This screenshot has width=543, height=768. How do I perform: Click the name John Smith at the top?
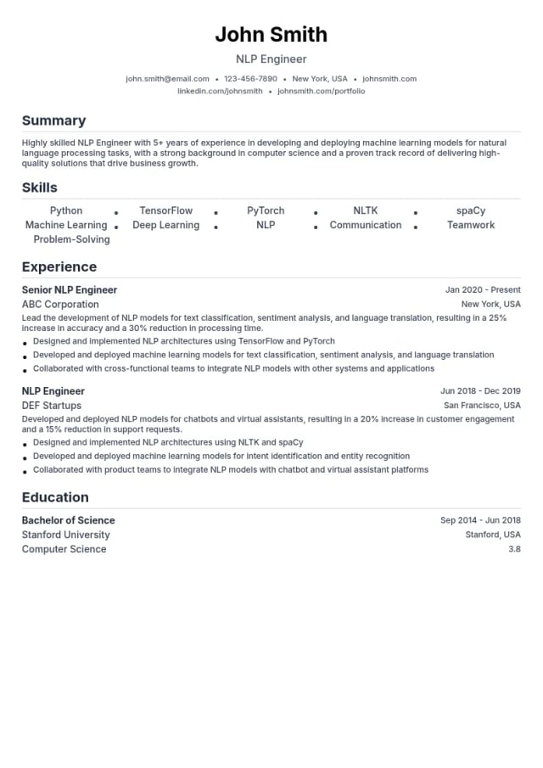[x=271, y=34]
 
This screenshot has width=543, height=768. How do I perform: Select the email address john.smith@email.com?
[x=167, y=79]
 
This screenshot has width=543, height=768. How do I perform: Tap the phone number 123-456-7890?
[x=250, y=79]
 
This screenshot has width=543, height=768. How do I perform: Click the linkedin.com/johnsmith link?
[x=220, y=91]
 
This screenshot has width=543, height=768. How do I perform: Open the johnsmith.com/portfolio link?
[x=322, y=91]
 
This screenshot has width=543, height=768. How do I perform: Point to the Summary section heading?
[x=53, y=121]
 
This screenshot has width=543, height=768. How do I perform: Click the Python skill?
[x=66, y=210]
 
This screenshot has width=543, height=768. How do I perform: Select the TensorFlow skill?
[x=166, y=210]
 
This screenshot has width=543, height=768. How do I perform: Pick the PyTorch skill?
[x=266, y=210]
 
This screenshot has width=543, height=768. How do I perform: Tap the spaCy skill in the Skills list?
[x=471, y=210]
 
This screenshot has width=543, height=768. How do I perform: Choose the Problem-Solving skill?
[x=71, y=239]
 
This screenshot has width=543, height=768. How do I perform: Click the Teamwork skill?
[x=471, y=225]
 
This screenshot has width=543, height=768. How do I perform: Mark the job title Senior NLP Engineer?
[x=70, y=290]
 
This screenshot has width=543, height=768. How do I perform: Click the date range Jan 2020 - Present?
[x=483, y=290]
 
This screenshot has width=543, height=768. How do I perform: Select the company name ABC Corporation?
[x=60, y=305]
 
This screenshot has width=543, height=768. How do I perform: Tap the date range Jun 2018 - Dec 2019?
[x=480, y=391]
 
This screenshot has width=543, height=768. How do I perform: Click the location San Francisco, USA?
[x=482, y=406]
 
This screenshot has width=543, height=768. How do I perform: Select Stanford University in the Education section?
[x=66, y=535]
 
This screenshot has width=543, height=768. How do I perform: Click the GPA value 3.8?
[x=514, y=549]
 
